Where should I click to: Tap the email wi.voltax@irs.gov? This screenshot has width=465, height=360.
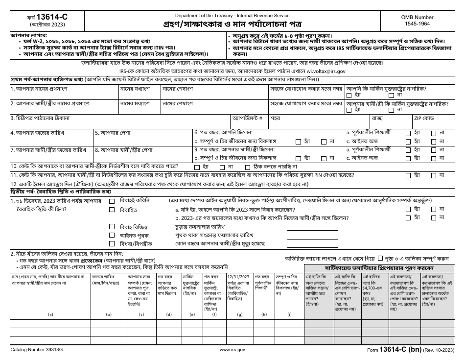coord(320,72)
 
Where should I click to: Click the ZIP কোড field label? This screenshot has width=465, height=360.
coord(423,119)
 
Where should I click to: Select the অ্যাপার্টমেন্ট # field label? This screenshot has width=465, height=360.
coord(248,119)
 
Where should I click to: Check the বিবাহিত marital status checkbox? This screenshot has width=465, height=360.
coord(112,210)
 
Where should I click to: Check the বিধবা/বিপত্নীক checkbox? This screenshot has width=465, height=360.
coord(112,243)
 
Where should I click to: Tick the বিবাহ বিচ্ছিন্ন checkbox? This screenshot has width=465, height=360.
coord(112,227)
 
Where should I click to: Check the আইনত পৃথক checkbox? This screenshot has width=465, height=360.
coord(112,236)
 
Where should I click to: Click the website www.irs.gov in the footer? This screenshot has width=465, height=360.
coord(232,351)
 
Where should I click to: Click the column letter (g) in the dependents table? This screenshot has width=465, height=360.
coord(239,314)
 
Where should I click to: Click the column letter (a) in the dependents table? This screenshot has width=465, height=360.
coord(50,314)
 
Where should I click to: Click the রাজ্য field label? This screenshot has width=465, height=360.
coord(377,119)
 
